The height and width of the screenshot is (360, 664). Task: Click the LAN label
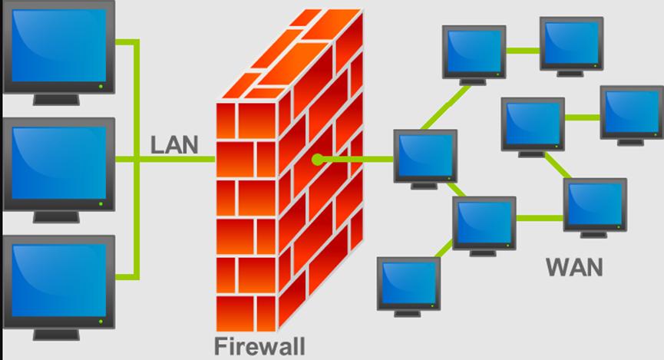[174, 145]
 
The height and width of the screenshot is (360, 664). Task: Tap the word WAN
[574, 267]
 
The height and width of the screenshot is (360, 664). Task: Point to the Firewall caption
[259, 346]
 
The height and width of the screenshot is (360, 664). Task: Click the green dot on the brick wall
[317, 160]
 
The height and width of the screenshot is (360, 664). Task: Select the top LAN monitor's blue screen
[59, 45]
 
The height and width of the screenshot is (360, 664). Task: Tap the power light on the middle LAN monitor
[101, 203]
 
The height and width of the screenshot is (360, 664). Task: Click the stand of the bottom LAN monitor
[56, 335]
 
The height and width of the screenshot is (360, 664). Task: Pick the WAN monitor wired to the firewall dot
[425, 159]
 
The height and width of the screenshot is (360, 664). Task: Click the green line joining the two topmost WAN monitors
[523, 51]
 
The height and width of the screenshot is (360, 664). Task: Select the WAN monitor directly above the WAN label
[595, 208]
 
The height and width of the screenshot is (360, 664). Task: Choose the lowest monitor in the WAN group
[408, 287]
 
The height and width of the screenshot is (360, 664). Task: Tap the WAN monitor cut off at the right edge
[632, 116]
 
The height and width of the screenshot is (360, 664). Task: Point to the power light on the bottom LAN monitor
[101, 322]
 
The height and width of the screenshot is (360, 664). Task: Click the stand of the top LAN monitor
[56, 100]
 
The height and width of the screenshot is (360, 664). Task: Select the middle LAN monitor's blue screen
[59, 163]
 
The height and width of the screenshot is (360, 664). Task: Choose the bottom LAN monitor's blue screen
[59, 280]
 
